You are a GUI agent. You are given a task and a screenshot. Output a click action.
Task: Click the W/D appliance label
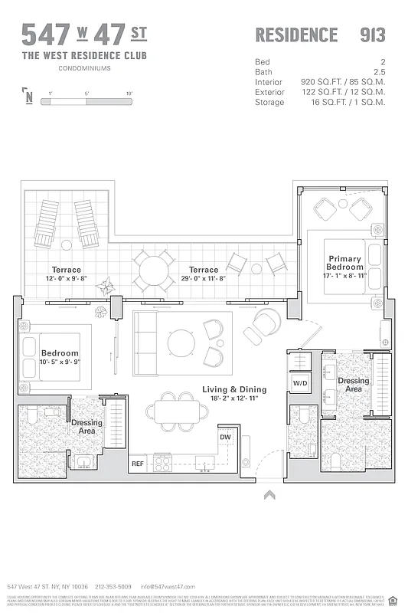point(300,382)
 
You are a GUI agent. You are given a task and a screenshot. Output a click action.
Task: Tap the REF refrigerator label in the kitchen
point(137,463)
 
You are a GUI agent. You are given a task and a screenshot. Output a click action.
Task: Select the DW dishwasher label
point(224,437)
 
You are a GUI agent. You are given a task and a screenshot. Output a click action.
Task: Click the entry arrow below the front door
point(269,495)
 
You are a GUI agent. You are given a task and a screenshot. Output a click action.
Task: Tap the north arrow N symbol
point(28,96)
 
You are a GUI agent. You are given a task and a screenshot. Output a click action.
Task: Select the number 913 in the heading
point(372,34)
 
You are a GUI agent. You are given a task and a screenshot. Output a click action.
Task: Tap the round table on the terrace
point(155,270)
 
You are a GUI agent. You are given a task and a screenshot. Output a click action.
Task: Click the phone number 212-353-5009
point(114,585)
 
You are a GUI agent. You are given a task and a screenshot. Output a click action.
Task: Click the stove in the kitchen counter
point(163,462)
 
